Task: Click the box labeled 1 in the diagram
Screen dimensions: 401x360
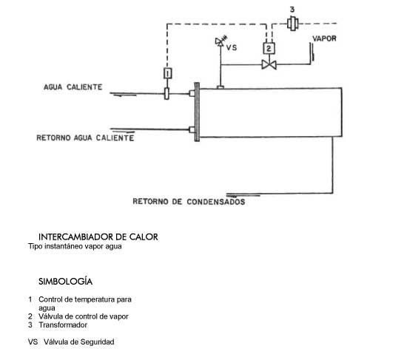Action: [x=167, y=73]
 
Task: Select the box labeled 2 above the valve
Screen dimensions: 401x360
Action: [x=269, y=48]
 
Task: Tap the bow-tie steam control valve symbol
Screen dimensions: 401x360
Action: [x=269, y=64]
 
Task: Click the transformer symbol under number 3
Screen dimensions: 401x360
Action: [x=293, y=24]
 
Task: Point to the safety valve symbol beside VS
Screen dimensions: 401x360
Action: [x=220, y=41]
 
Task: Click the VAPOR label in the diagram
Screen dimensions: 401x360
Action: [x=324, y=38]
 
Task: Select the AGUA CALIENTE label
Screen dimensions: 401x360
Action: [x=73, y=87]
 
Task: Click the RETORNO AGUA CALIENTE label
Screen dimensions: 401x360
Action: [x=85, y=138]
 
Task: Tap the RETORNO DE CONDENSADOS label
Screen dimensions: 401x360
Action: [x=189, y=202]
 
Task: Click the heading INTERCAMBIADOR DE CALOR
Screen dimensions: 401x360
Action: [x=98, y=237]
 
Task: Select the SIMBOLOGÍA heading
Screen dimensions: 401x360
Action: [x=65, y=282]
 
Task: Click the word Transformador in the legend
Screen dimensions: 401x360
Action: [x=63, y=325]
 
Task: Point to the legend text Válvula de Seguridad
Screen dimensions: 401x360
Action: [x=78, y=342]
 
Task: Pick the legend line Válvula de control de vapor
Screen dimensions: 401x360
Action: [x=84, y=316]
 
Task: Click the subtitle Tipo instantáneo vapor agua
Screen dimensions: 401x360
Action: [x=75, y=246]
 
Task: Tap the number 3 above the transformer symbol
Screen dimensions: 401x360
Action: [x=292, y=10]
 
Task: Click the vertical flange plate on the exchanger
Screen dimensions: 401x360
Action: [x=197, y=112]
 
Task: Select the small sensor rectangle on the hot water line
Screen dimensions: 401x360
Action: [x=166, y=94]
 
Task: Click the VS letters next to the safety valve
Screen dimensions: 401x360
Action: [x=232, y=47]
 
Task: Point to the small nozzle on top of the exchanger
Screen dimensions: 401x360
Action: [x=220, y=87]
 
